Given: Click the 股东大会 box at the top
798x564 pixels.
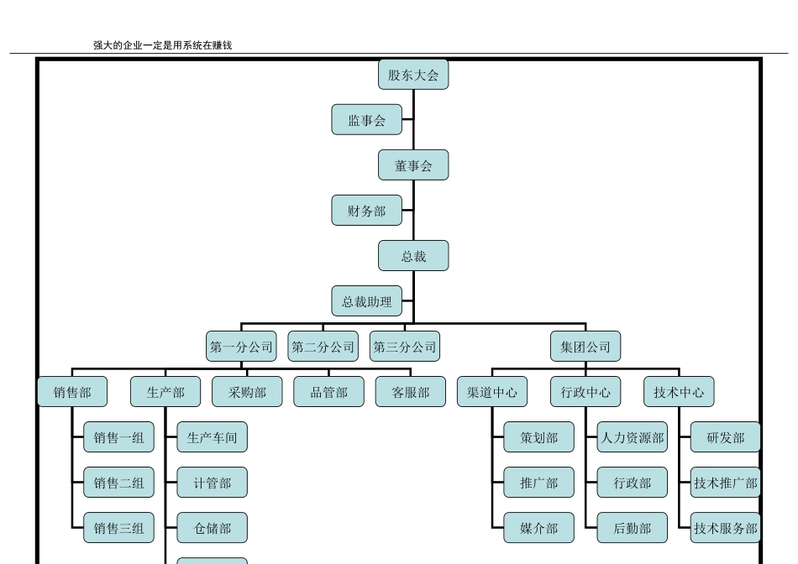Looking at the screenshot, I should pos(413,75).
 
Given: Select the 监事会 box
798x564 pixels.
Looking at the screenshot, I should pos(367,120).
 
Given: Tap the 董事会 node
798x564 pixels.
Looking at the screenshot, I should pos(413,165).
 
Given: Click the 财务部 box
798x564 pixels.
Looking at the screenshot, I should pos(367,211).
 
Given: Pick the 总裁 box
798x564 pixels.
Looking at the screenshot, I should pos(413,256).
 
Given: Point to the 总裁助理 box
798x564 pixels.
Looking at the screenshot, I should pos(367,301).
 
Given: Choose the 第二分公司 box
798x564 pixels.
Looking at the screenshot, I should pos(323,347).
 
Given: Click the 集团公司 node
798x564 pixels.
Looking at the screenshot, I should pos(585,347).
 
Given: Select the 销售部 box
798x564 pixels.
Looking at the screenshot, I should pos(72,392).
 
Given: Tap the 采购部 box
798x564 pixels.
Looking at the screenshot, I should pos(247,392).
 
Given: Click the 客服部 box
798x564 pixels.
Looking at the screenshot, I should pos(411,392).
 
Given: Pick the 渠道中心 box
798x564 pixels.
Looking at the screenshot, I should pos(492,392).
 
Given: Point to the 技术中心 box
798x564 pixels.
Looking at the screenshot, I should pos(679,392).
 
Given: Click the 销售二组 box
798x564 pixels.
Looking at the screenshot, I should pos(118,483).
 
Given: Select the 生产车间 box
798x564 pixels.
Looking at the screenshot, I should pos(212,437).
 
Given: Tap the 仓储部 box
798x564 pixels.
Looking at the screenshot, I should pos(212,528).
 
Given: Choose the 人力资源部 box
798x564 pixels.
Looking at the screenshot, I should pos(633,437).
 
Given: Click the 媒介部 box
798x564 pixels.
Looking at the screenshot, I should pos(538,528).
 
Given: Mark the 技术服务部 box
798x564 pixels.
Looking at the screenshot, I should pos(726,528).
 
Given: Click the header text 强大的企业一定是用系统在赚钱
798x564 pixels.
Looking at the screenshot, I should pos(162,45).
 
